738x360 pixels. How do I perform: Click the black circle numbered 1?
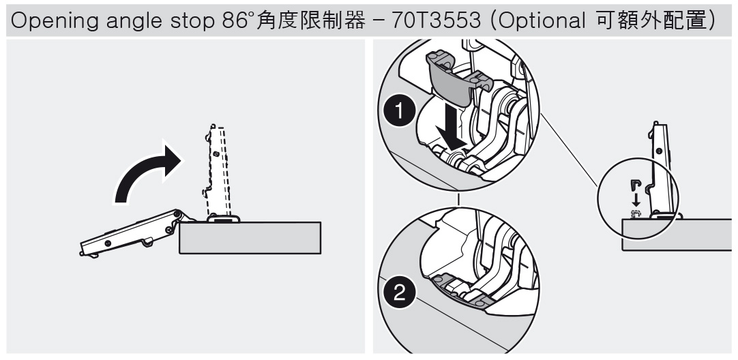[x=400, y=112]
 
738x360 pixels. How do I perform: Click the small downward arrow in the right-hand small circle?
[x=636, y=199]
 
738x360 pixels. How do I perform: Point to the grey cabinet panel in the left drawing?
[x=250, y=238]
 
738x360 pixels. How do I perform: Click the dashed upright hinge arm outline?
[x=216, y=169]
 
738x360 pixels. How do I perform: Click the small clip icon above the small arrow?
[x=636, y=185]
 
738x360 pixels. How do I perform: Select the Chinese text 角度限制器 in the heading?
[x=310, y=20]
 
